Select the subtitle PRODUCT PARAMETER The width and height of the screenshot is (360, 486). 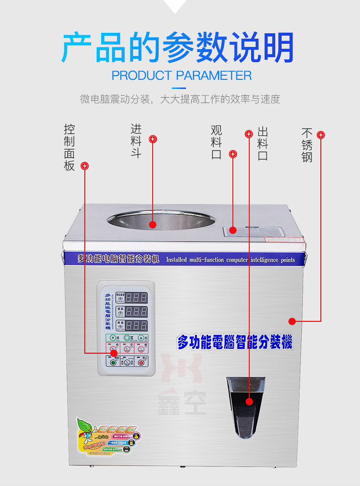pos(181,75)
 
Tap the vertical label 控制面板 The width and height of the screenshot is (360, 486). pos(69,147)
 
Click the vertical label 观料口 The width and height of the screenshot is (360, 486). pos(216,142)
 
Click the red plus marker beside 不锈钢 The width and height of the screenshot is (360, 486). pos(321,135)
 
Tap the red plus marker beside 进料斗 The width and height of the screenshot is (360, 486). pos(153,139)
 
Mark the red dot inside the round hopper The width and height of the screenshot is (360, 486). pos(153,224)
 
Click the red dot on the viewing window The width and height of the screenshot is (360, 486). pos(233,231)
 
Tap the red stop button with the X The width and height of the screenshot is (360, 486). pos(141,363)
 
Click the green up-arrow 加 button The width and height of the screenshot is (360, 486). pos(141,338)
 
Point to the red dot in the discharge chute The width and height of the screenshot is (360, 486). pos(249,402)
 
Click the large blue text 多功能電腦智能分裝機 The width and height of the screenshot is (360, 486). pos(234,341)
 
